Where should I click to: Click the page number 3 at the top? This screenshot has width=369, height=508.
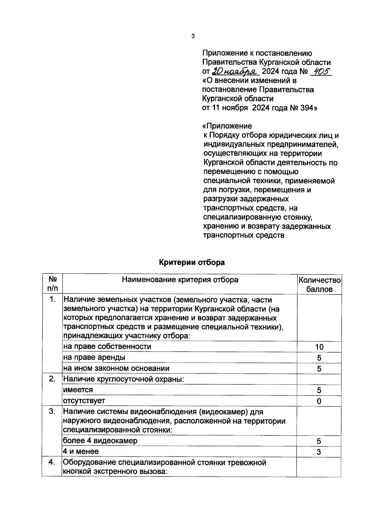point(193,36)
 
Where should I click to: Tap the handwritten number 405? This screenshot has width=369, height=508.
point(320,71)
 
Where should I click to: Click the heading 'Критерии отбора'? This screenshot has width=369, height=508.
point(192,262)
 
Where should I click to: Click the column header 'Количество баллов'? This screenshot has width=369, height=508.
point(319,284)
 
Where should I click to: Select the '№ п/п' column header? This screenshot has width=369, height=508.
point(52,284)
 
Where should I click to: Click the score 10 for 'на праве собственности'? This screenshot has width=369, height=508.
point(319,347)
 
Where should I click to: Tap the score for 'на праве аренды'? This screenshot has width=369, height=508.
point(319,358)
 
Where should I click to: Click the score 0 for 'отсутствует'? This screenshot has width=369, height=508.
point(319,401)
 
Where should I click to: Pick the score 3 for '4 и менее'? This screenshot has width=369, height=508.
point(319,452)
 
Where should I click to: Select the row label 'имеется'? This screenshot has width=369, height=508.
point(78,390)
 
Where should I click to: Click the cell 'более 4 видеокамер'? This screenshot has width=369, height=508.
point(100,441)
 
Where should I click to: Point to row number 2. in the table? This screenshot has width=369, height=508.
point(52,379)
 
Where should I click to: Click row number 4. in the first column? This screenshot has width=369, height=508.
point(52,462)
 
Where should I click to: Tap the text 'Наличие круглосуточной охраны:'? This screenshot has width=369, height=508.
point(124,379)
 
